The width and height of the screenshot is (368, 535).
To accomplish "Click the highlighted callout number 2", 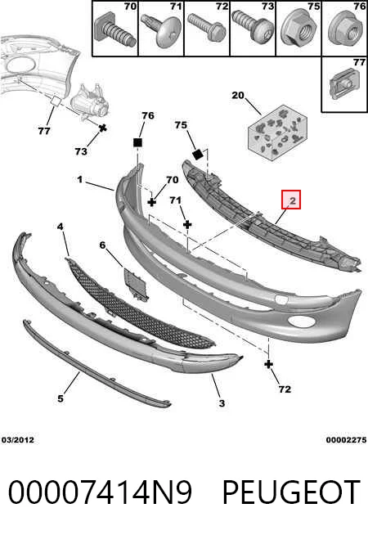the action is coord(293,201).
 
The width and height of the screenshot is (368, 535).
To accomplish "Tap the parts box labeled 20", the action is coord(277,133).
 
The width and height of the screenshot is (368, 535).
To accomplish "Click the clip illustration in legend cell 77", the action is coord(343,83).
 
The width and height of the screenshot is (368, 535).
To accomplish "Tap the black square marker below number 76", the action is coord(137,142).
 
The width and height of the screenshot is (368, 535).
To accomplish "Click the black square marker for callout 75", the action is coord(198,155).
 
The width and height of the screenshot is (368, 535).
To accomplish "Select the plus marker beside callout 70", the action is coord(152,202).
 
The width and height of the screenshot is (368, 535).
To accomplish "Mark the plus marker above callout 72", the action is coord(269,364).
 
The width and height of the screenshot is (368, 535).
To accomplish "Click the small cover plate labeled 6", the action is coord(136,284).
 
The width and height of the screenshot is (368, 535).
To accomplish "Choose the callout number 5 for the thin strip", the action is coord(61,398).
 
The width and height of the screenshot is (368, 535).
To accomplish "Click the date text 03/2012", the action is coord(18,440).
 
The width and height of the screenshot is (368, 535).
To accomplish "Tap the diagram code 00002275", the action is coord(346,440).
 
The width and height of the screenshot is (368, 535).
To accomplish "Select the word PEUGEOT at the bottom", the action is coord(291,492).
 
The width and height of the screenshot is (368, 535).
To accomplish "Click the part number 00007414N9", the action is coord(100,492).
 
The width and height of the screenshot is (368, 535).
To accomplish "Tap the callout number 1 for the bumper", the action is coord(80,179).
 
